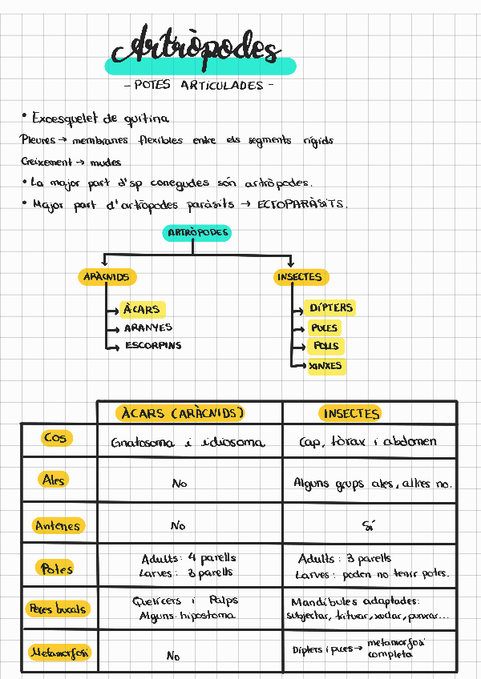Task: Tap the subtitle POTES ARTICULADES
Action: tap(200, 85)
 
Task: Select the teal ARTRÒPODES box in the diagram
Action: tap(197, 233)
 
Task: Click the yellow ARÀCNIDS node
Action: tap(106, 277)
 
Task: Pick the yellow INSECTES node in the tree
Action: tap(299, 277)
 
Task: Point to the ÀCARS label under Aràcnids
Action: tap(142, 309)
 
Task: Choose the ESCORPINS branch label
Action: tap(153, 346)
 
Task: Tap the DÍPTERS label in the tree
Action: tap(331, 307)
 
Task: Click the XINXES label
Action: tap(325, 366)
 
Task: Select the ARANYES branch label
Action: tap(148, 327)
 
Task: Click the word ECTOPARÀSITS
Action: tap(302, 204)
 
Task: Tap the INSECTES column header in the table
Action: tap(351, 413)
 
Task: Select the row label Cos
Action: tap(56, 438)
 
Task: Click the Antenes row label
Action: tap(58, 526)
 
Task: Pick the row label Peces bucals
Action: tap(58, 609)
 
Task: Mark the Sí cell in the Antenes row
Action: tap(370, 525)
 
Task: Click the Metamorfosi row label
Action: tap(59, 653)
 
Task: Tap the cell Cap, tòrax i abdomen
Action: tap(368, 442)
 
